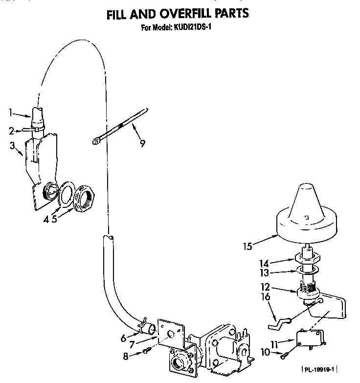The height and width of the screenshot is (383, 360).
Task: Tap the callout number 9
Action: [142, 144]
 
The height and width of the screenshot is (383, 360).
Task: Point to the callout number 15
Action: [248, 246]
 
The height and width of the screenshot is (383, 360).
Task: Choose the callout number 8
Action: [127, 357]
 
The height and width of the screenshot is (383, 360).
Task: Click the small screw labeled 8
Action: [147, 351]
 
